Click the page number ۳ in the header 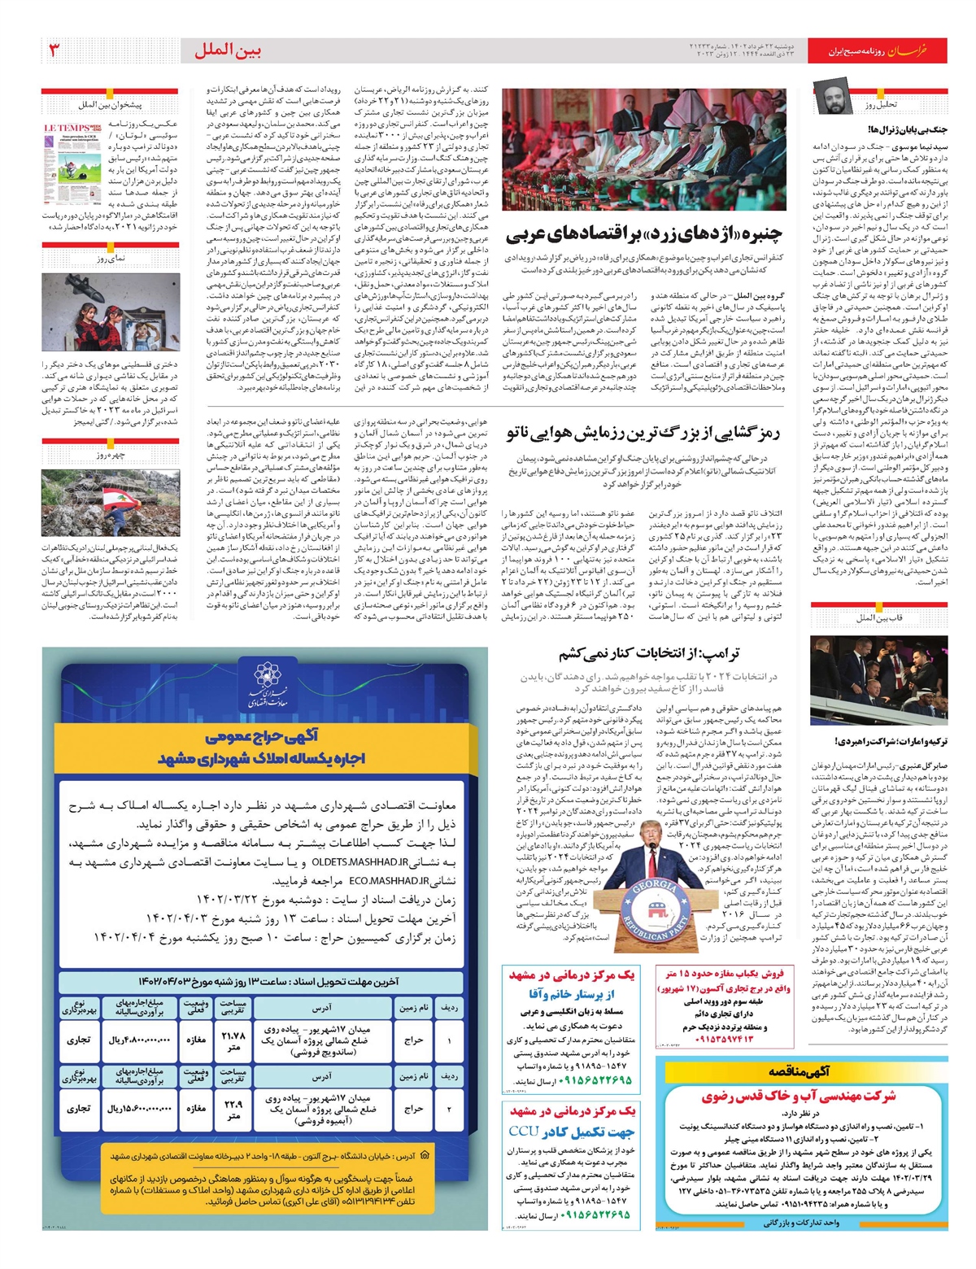(54, 50)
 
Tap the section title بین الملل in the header (228, 50)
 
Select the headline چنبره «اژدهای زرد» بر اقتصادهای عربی (643, 236)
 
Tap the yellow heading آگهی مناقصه (800, 1072)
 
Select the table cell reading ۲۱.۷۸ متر (233, 1040)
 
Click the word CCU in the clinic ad (524, 1132)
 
